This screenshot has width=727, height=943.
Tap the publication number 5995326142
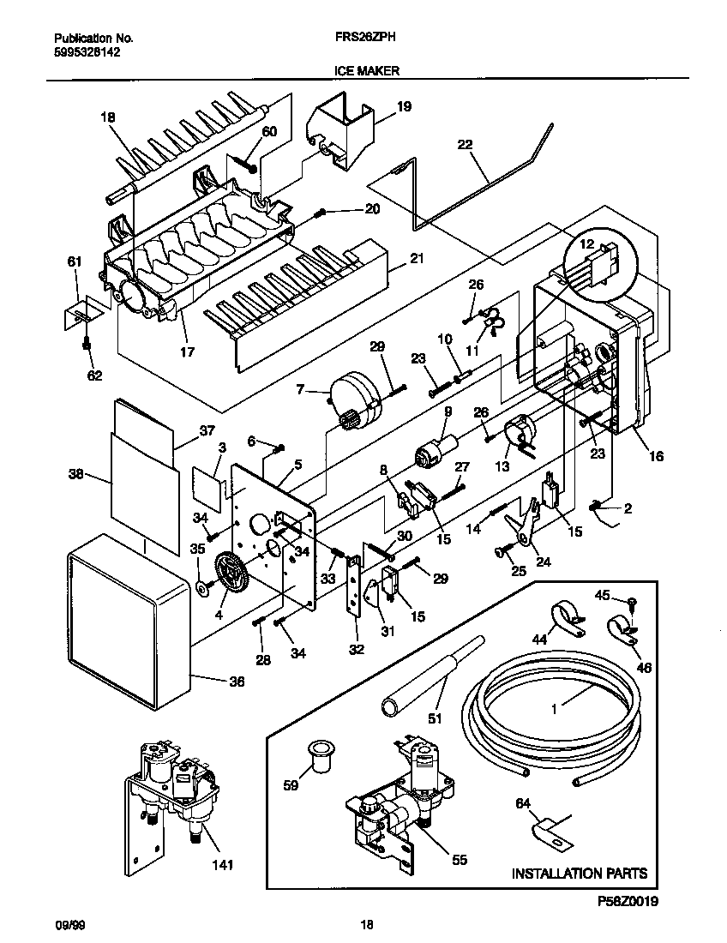click(x=87, y=51)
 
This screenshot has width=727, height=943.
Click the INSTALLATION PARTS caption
click(x=579, y=874)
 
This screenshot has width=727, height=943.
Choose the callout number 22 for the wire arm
click(x=465, y=145)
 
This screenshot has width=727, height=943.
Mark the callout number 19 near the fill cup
click(x=404, y=107)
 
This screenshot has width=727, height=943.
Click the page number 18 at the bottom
click(x=366, y=924)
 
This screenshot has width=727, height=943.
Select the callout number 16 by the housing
click(x=656, y=456)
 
